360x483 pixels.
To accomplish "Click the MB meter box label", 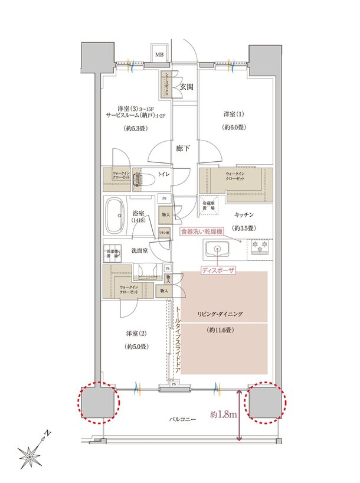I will pos(159,54).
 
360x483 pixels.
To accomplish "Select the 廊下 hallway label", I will pos(183,149).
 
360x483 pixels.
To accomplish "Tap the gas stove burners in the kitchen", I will pos(260,247).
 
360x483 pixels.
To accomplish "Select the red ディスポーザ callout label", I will pos(218,272).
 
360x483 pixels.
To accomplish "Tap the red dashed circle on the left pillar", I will pos(98,403).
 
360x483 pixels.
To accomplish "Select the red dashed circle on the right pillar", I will pos(265,403).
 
